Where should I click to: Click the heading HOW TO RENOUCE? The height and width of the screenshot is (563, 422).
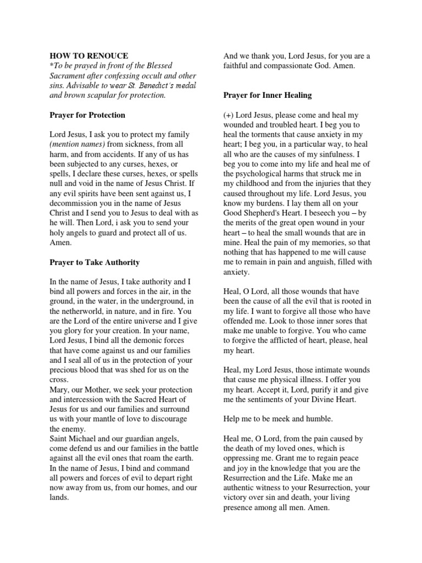[x=89, y=56]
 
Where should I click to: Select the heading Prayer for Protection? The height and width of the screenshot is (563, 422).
[x=87, y=115]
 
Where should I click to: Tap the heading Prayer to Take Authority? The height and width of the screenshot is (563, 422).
[x=95, y=262]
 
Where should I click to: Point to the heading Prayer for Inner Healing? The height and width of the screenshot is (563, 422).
[x=268, y=95]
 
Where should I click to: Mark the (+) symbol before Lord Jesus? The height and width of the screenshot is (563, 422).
[x=230, y=115]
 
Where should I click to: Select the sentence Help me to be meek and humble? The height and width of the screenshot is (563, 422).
[x=277, y=419]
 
